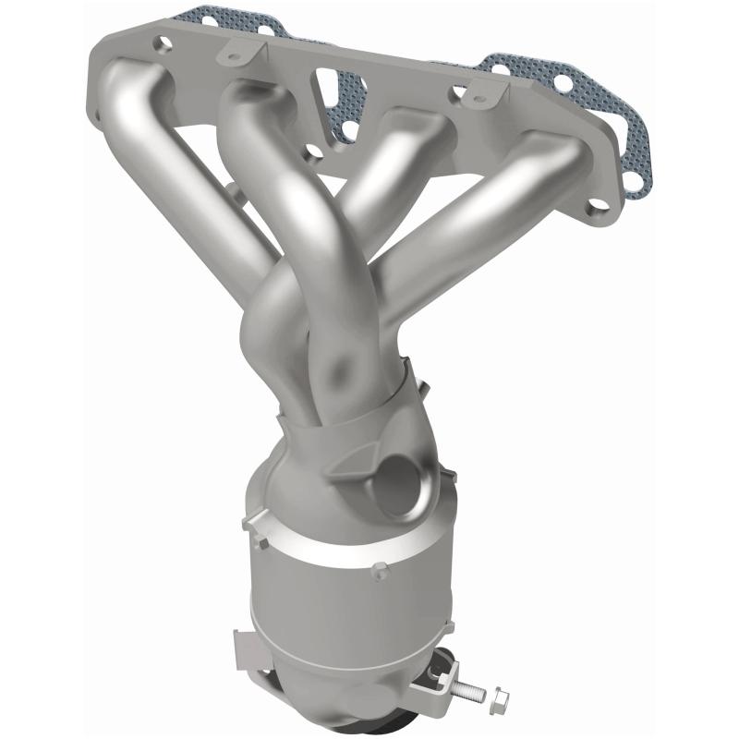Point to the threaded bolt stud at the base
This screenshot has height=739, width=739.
pyautogui.click(x=471, y=689)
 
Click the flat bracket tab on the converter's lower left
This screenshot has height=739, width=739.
pyautogui.click(x=245, y=643)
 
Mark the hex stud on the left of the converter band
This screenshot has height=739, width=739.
pyautogui.click(x=248, y=524)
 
